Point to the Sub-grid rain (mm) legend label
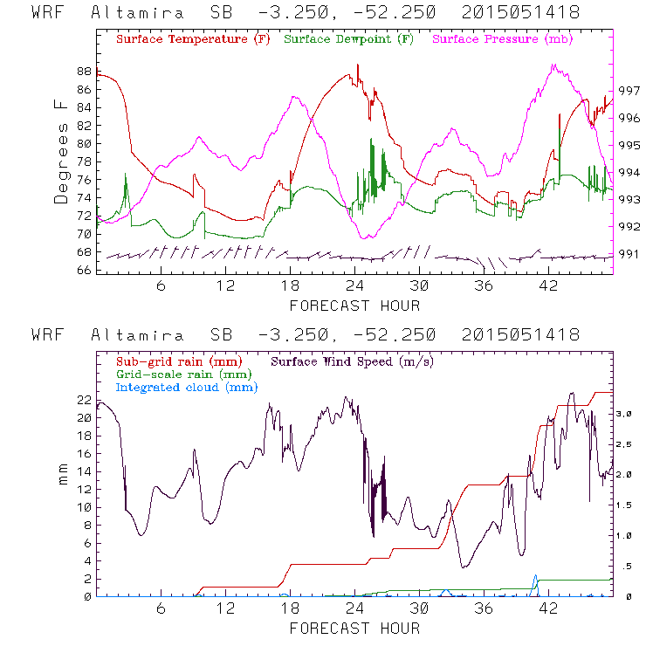178,360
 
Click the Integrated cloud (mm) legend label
188,387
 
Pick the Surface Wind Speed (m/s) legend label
354,360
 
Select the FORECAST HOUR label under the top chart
354,306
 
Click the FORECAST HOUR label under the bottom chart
354,628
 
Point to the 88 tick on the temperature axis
84,71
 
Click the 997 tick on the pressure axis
629,90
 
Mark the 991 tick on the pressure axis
629,254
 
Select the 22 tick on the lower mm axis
84,400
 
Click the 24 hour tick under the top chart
354,285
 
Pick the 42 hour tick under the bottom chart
548,608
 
